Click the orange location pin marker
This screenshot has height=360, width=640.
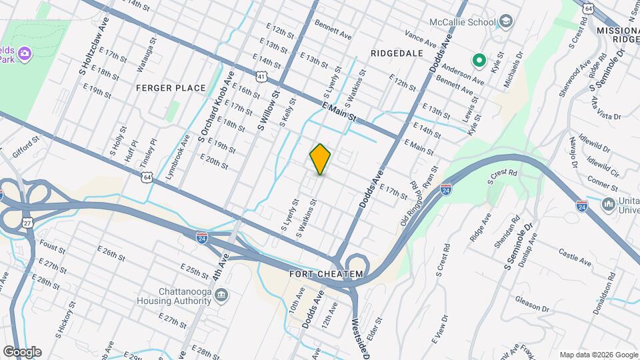click(320, 159)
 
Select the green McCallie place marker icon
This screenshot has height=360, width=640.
click(478, 61)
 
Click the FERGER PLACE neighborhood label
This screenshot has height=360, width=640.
click(162, 88)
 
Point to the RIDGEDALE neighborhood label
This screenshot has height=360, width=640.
click(397, 52)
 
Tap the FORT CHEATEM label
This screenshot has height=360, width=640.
click(327, 274)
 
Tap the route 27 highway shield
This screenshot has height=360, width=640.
click(27, 222)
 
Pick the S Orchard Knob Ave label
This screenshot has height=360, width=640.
click(215, 106)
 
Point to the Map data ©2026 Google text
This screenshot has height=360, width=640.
click(597, 355)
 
